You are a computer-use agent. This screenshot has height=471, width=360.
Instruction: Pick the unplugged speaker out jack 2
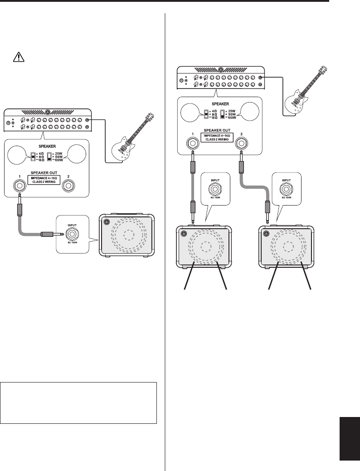coord(69,185)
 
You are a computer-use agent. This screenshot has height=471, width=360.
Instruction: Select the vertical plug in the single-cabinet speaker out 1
coord(19,206)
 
